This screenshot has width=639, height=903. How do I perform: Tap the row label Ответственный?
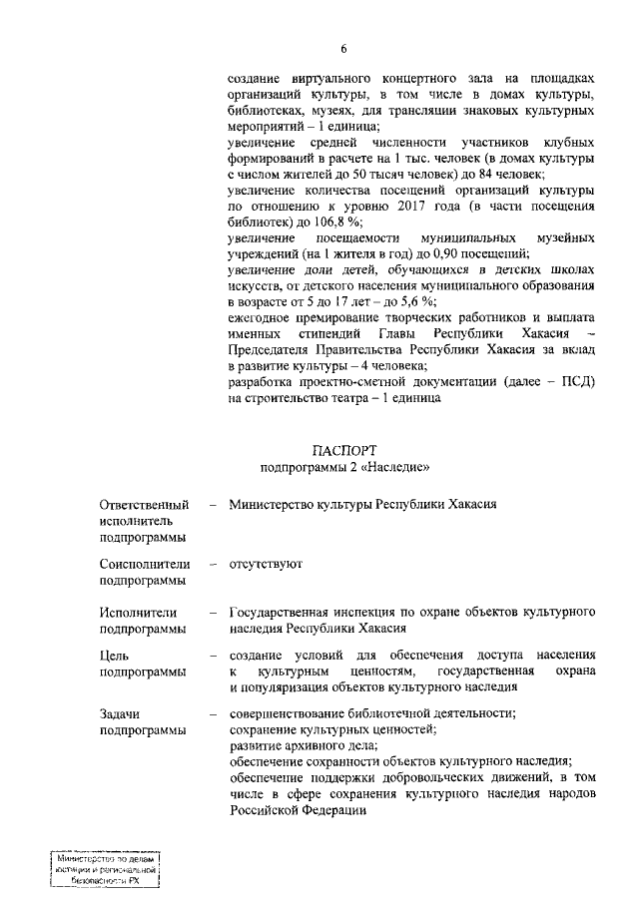pyautogui.click(x=143, y=505)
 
